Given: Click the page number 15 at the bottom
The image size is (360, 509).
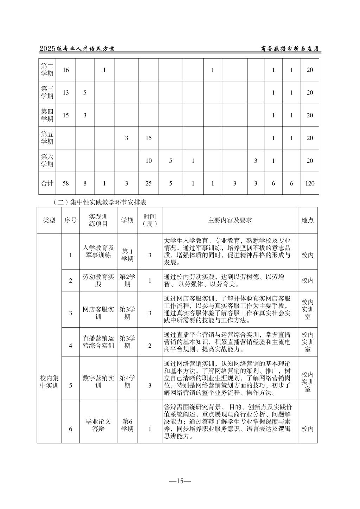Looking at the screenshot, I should point(180,481).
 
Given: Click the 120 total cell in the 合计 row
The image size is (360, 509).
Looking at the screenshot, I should point(309,183).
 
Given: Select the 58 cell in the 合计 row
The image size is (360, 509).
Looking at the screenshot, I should point(66,183).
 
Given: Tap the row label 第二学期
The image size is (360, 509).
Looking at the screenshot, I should point(47,70).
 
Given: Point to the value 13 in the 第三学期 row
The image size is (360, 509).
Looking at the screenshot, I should point(66,92).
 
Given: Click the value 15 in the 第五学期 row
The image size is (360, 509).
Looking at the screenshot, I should point(148,138).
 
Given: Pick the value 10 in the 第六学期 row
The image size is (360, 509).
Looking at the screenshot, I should point(148,161).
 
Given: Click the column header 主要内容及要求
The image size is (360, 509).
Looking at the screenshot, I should point(230,220).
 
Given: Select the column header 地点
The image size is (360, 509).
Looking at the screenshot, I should point(308,220).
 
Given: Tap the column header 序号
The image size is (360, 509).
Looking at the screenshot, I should point(70,220).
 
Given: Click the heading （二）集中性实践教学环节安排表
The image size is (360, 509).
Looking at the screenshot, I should point(99,202).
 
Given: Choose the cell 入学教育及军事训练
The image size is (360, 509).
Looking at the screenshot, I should point(98,251).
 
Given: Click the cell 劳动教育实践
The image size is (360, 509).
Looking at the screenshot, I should point(98,280).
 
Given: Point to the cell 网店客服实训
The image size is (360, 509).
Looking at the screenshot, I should point(98,313).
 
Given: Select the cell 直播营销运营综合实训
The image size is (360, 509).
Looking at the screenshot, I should point(98,342).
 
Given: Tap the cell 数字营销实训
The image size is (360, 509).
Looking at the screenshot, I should point(98,382).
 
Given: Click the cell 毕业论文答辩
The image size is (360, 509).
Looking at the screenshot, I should point(98,425).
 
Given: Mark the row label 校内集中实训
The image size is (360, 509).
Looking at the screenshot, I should point(49,382).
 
